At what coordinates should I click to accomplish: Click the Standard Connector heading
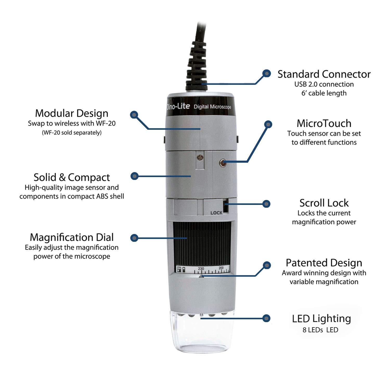pyautogui.click(x=324, y=74)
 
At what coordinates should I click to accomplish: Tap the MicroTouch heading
pyautogui.click(x=324, y=123)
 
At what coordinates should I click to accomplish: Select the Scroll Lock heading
pyautogui.click(x=324, y=203)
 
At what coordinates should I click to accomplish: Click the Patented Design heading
pyautogui.click(x=324, y=263)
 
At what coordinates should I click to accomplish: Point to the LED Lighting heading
pyautogui.click(x=321, y=318)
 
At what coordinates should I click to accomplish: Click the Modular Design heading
pyautogui.click(x=72, y=113)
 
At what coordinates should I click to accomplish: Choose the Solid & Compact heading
pyautogui.click(x=72, y=177)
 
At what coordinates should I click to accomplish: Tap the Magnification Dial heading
pyautogui.click(x=72, y=237)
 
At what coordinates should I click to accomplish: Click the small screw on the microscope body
pyautogui.click(x=200, y=157)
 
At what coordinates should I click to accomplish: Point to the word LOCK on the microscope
pyautogui.click(x=216, y=213)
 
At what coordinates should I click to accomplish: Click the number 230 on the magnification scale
pyautogui.click(x=201, y=269)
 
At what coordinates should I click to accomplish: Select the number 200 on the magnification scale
pyautogui.click(x=221, y=268)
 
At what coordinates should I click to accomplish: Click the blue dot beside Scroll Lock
pyautogui.click(x=266, y=204)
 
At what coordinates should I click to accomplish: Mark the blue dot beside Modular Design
pyautogui.click(x=134, y=115)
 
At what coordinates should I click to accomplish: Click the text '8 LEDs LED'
pyautogui.click(x=320, y=330)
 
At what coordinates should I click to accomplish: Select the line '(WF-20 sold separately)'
pyautogui.click(x=72, y=133)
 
